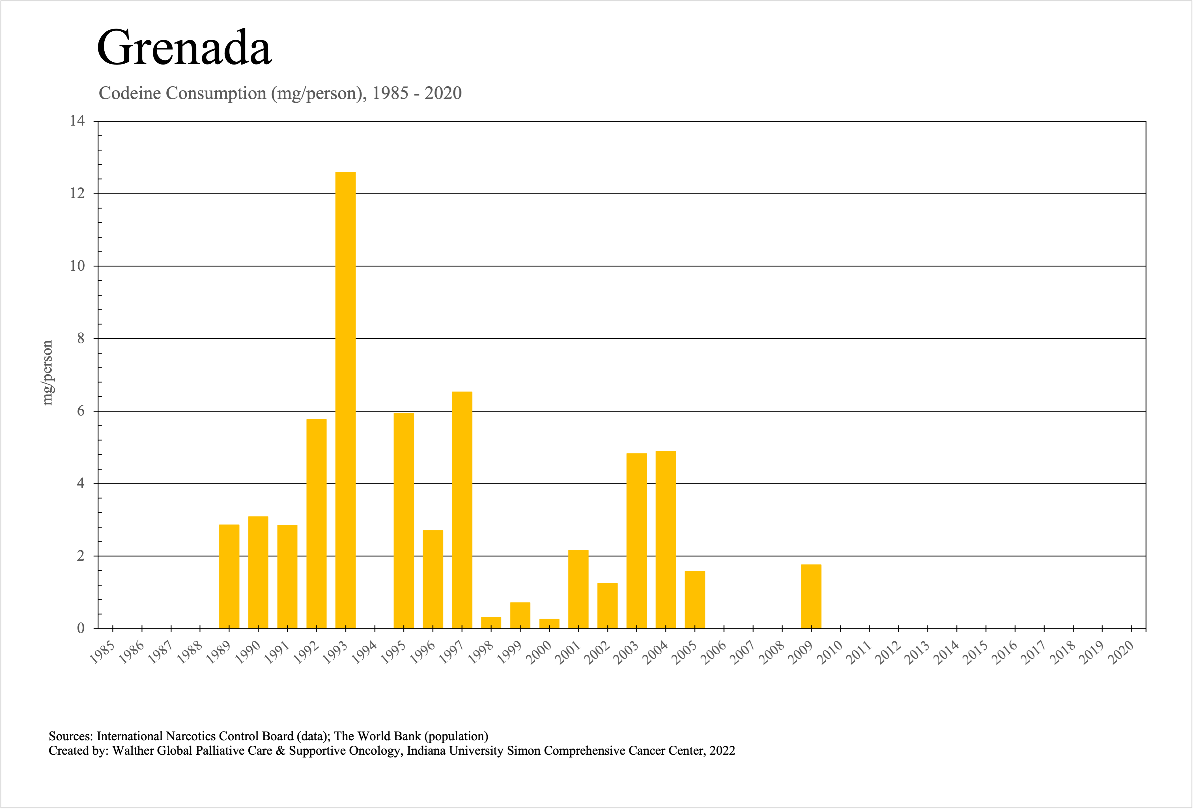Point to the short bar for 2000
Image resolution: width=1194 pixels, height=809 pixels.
[549, 623]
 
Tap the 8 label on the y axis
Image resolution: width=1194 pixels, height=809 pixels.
[81, 339]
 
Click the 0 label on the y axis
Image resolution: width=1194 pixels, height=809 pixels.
[81, 628]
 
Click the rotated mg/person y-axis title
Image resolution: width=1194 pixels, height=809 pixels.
[47, 373]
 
